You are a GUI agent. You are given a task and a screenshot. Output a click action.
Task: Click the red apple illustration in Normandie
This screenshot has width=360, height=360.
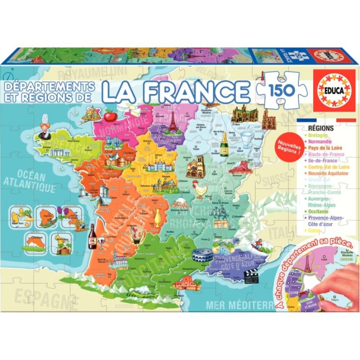[110, 116]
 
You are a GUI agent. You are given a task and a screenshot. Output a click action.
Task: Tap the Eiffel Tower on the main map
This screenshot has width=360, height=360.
[173, 122]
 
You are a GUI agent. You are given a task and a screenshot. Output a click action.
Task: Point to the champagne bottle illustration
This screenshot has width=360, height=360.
[224, 144]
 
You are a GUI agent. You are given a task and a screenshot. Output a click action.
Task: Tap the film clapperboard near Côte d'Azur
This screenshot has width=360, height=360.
[251, 275]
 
